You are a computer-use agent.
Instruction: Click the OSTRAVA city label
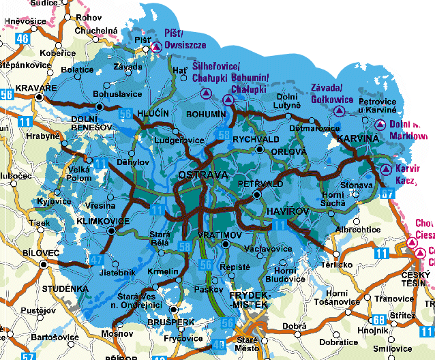201,176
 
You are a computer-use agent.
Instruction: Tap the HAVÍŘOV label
280,213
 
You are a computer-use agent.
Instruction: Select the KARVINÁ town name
356,138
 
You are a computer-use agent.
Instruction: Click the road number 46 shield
22,39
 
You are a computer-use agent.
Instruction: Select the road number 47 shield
97,259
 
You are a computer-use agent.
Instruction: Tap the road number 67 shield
388,195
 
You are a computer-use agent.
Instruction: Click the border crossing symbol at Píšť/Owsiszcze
156,46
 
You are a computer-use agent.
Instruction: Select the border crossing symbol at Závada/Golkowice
338,110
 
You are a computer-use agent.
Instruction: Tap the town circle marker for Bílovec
44,264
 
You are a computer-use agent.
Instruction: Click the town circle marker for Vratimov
226,243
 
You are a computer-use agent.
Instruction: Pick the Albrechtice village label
358,230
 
